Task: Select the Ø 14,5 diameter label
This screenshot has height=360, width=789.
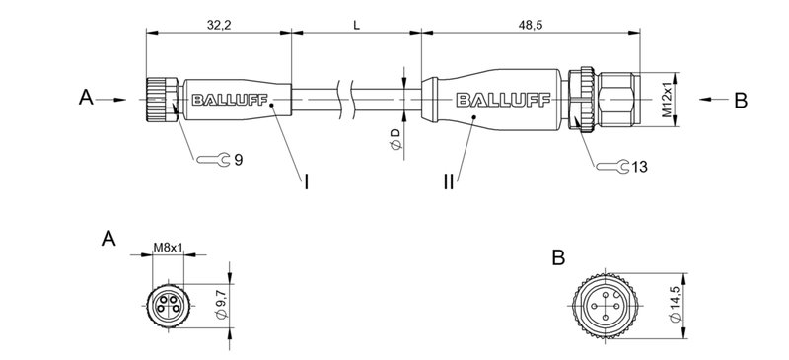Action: coord(675,297)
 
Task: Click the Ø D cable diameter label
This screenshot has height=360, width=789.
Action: coord(394,139)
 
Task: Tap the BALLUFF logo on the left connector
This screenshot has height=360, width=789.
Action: coord(226,99)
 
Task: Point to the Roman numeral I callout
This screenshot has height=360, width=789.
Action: coord(306,182)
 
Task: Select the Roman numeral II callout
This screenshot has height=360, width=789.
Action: coord(449,182)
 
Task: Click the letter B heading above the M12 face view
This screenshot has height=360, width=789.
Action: coord(558,257)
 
